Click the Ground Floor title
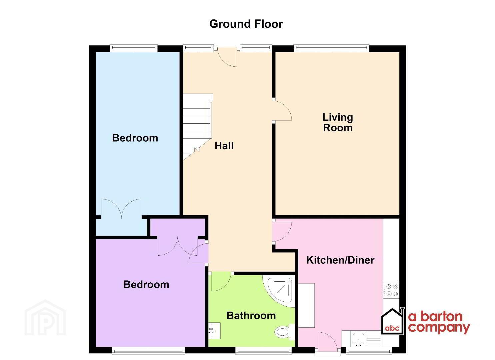[x=246, y=24]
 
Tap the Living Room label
[x=338, y=123]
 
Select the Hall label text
[x=224, y=146]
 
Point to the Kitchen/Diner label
[x=340, y=260]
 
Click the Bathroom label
[x=251, y=316]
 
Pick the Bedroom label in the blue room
[x=135, y=138]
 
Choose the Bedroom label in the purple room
[x=146, y=284]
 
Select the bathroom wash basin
[x=214, y=331]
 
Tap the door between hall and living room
[x=282, y=110]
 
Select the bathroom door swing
[x=221, y=282]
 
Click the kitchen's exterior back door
[x=328, y=342]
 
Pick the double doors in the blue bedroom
[x=121, y=209]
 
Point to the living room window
[x=331, y=48]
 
